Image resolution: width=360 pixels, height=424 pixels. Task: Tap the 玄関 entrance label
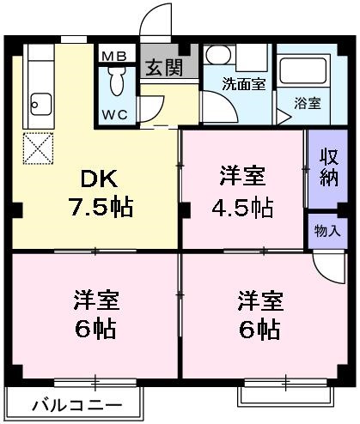[163, 67]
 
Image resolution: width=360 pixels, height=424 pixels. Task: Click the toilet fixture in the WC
[118, 84]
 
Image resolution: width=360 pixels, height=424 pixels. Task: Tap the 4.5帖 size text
[243, 208]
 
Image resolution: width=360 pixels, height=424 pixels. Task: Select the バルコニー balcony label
[74, 404]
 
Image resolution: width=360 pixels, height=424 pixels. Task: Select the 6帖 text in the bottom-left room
[96, 328]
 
